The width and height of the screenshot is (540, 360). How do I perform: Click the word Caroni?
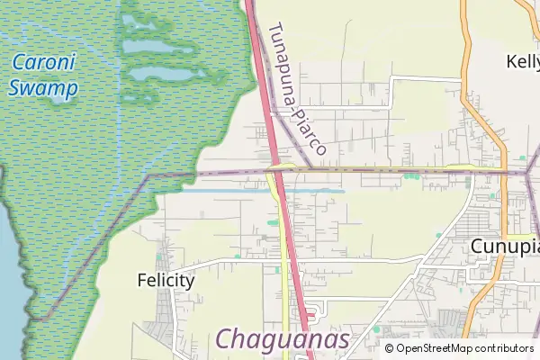(44, 64)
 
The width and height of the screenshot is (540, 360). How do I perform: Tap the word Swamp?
(43, 88)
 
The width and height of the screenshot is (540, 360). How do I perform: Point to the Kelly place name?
(522, 61)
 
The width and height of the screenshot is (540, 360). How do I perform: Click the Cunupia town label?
(504, 246)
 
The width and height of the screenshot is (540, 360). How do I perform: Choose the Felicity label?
(166, 280)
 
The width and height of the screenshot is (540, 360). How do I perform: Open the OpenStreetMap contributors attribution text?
(464, 348)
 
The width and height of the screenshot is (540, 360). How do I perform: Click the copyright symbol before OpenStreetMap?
(389, 348)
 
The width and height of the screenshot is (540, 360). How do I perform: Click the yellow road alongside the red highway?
(288, 270)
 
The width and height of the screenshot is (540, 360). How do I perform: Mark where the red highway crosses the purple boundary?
(275, 168)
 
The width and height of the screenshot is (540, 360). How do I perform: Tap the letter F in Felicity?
(142, 280)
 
